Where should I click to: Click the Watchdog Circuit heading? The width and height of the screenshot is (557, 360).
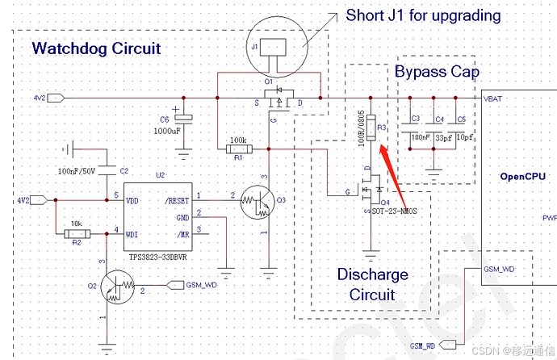tap(96, 48)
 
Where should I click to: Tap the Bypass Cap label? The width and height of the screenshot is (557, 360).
tap(437, 72)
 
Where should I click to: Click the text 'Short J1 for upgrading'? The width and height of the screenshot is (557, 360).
tap(423, 15)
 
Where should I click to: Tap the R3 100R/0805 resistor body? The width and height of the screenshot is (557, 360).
tap(371, 127)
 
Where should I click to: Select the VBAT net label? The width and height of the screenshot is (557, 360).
tap(492, 98)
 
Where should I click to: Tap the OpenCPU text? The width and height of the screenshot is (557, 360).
tap(522, 176)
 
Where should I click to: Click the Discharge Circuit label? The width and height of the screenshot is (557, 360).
tap(372, 284)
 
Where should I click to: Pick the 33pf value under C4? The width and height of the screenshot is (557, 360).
tap(443, 138)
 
